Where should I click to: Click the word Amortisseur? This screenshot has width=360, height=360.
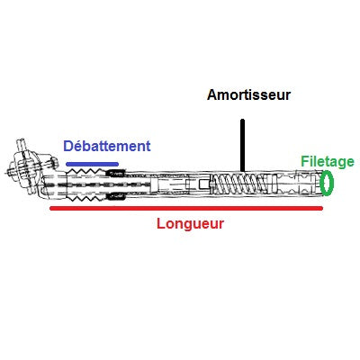[248, 94]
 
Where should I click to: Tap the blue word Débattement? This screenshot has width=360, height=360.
[107, 146]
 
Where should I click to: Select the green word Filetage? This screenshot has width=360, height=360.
[328, 162]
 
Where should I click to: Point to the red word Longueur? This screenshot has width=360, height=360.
[190, 224]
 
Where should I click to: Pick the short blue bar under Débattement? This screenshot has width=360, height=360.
[92, 164]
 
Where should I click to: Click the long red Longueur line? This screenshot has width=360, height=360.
[186, 208]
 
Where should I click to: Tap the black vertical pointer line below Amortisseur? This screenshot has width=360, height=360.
[242, 146]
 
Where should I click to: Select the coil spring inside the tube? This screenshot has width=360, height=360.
[239, 184]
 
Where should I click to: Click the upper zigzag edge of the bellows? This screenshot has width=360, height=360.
[87, 171]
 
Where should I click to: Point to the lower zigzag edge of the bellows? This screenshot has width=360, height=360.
[87, 198]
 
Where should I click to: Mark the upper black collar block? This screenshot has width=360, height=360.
[116, 173]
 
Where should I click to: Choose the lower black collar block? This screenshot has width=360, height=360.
[116, 196]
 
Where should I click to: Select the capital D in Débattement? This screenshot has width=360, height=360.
[68, 147]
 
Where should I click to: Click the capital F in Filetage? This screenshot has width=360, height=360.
[305, 161]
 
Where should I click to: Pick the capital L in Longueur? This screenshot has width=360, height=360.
[161, 224]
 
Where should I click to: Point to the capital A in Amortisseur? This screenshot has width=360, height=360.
[212, 95]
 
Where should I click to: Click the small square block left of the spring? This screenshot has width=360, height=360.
[203, 183]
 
